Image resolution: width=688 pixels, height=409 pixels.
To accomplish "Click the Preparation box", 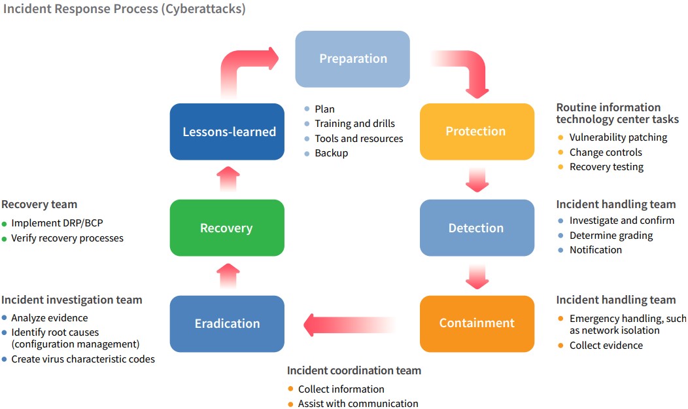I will pos(353,59).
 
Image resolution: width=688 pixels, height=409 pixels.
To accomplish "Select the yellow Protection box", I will pos(477,132).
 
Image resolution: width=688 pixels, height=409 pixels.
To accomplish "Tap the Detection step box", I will pos(477,228).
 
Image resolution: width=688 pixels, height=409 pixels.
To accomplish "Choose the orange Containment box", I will pos(477,323).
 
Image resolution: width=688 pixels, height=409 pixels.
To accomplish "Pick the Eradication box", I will pos(227,323).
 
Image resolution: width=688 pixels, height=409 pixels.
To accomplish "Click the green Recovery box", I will pos(227,228).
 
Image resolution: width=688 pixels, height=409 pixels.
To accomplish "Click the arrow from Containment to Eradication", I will pos(347,323).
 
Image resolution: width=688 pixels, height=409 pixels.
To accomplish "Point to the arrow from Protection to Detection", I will pos(477,179).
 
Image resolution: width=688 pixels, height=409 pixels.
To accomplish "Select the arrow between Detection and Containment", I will pos(477,276).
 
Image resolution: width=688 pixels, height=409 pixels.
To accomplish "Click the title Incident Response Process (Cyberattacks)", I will pos(124,10).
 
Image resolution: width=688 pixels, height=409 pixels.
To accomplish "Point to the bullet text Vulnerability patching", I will pos(618,137).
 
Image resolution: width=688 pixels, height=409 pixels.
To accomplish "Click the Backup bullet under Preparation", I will pos(332,153).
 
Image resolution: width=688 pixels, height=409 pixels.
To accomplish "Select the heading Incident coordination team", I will pos(354,370).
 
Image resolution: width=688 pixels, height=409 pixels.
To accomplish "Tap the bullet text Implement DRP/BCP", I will pos(58,223).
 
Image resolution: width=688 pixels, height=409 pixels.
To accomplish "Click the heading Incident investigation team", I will pos(72,300).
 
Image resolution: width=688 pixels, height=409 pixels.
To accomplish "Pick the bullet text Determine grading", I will pos(611,235).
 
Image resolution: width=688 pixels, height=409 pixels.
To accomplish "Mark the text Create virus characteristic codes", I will pos(83,359).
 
